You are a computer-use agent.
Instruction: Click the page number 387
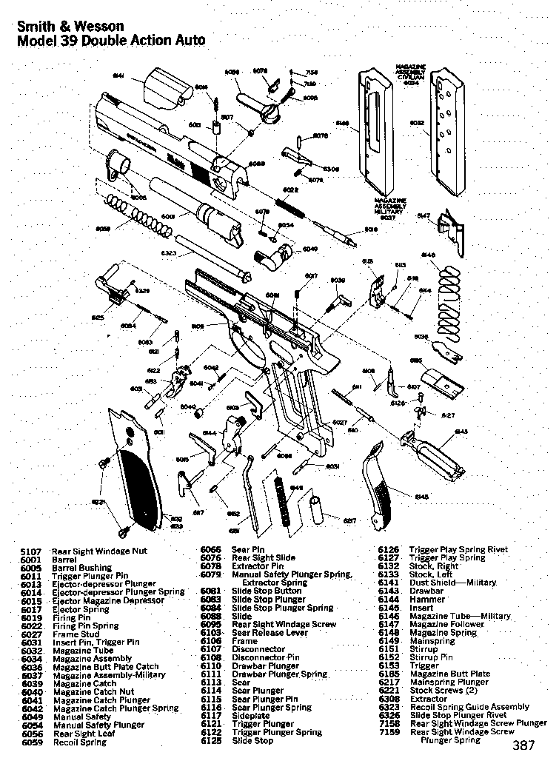(523, 745)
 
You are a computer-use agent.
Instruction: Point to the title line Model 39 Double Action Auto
(110, 41)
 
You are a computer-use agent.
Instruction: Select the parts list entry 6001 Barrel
(52, 560)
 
